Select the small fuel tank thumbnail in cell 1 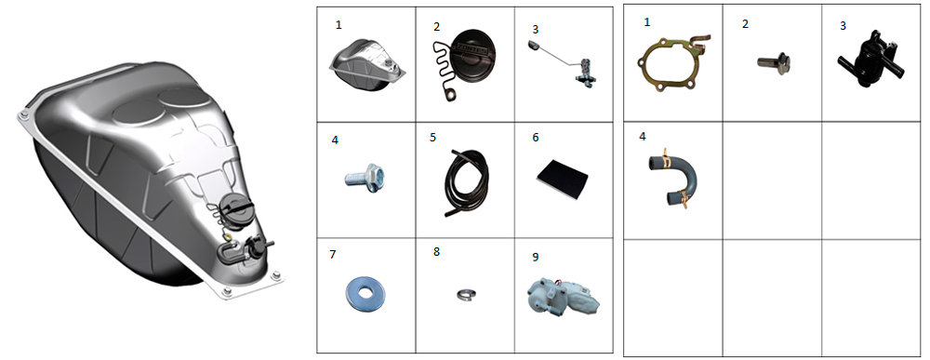(x=367, y=64)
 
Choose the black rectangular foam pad (x=563, y=177)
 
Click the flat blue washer (x=365, y=291)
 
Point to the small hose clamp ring (x=466, y=294)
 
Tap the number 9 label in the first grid (x=536, y=257)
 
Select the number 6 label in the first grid (x=536, y=138)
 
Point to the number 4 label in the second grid (x=643, y=137)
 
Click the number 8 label (x=436, y=251)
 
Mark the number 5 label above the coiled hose (x=433, y=138)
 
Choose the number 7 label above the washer (x=333, y=255)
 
